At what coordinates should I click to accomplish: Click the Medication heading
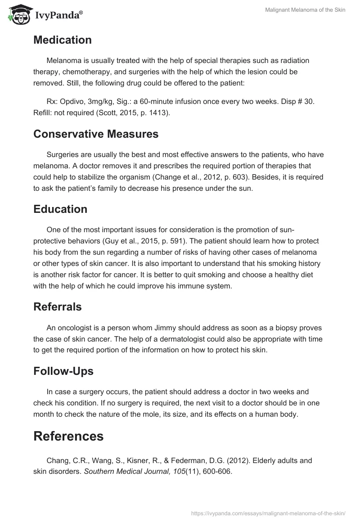[62, 40]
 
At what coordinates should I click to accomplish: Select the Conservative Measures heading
[96, 134]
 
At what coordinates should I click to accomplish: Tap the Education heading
[60, 209]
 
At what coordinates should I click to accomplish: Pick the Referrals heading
[58, 307]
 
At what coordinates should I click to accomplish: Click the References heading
[68, 436]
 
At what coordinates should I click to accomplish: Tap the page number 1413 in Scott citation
[159, 113]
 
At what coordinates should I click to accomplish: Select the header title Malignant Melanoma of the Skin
[305, 10]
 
